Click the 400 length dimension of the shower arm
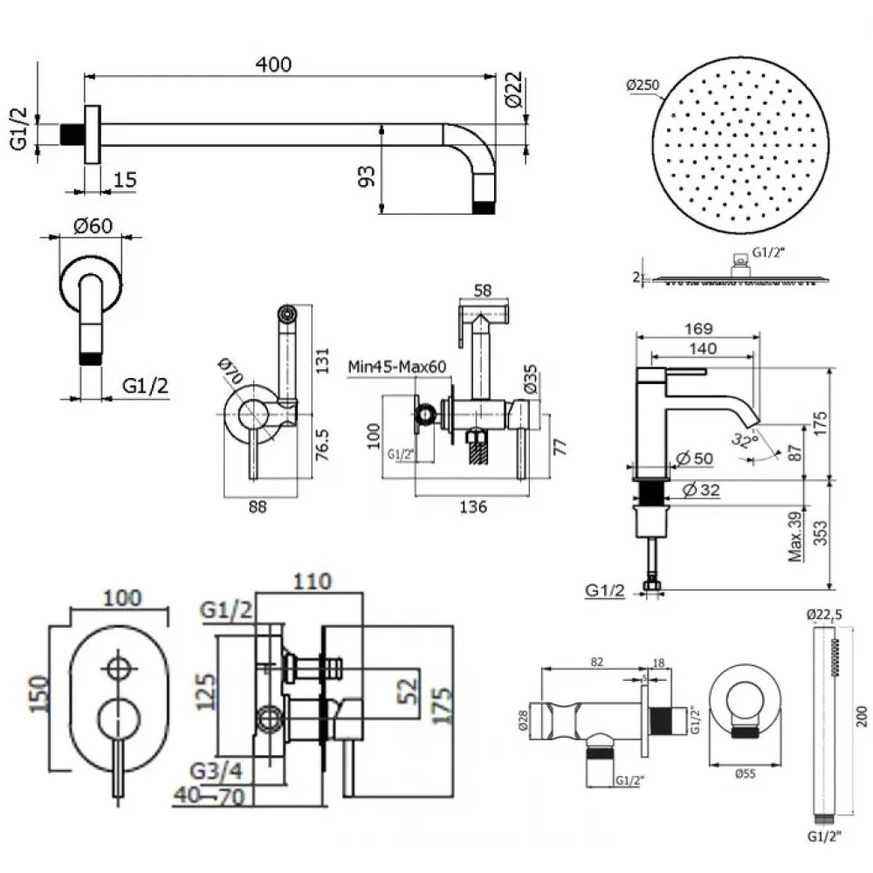(274, 65)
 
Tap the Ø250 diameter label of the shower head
(643, 85)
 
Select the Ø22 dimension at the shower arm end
(513, 91)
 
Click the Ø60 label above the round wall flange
(93, 225)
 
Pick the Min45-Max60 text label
(397, 367)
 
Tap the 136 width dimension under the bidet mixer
(471, 506)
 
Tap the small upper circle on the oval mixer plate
(115, 670)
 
